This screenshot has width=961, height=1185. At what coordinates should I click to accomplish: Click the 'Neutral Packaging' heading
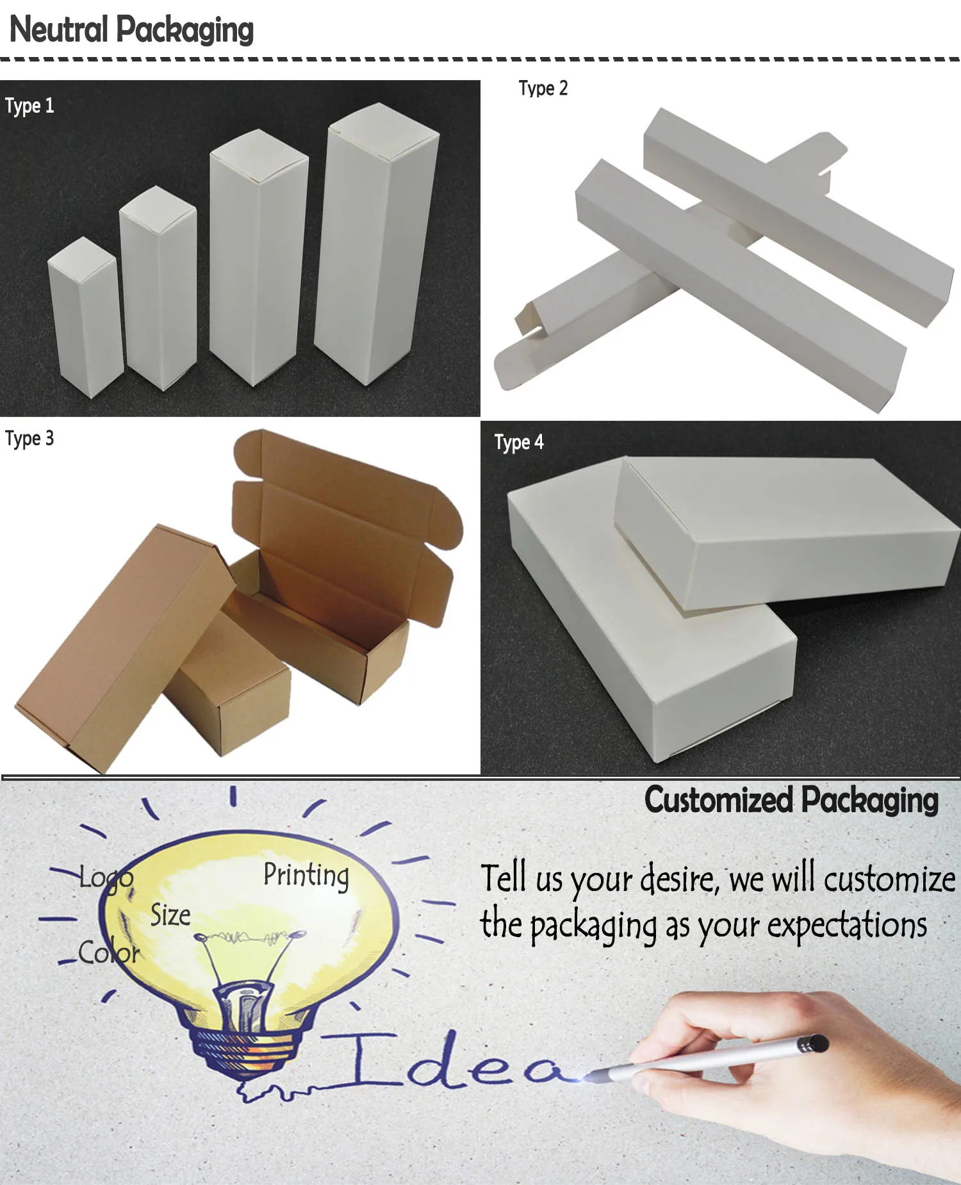click(131, 30)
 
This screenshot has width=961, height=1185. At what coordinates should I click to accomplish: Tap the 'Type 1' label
click(29, 106)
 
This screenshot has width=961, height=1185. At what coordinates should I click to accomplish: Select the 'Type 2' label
click(543, 88)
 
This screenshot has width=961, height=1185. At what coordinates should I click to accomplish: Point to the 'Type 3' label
click(29, 439)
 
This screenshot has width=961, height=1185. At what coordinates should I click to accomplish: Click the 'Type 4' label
click(519, 443)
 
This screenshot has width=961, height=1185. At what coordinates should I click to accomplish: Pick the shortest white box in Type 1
click(85, 316)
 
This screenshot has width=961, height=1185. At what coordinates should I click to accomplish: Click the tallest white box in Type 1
click(377, 243)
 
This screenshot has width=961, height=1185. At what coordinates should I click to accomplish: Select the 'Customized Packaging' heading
click(791, 801)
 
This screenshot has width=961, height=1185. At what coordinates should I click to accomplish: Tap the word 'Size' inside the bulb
click(170, 915)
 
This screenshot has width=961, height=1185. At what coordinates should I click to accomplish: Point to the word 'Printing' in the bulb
click(306, 876)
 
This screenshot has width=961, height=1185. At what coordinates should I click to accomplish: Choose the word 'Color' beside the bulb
click(109, 952)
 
